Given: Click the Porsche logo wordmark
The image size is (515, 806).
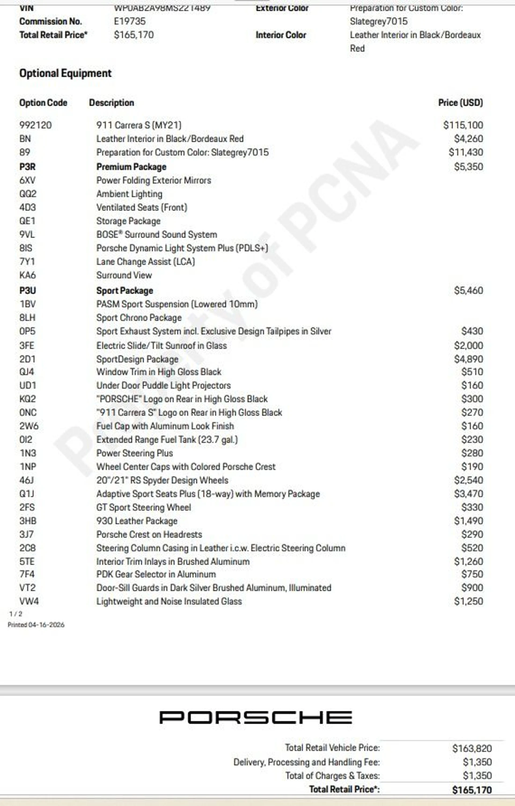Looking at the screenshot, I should [x=255, y=717].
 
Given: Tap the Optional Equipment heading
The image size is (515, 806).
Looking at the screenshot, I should [x=65, y=73].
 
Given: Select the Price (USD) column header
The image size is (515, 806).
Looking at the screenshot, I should [x=461, y=103].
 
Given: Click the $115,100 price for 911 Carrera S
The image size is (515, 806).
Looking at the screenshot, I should [x=463, y=125].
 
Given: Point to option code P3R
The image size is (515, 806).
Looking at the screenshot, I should [x=27, y=167].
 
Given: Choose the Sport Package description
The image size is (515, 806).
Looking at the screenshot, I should [x=124, y=290].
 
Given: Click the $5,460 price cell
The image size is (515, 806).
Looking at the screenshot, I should [x=469, y=290].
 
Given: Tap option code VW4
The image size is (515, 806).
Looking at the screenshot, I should [x=29, y=601].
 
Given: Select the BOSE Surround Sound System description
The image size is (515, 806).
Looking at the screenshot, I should [x=157, y=234].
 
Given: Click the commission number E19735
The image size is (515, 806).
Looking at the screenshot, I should [x=130, y=21].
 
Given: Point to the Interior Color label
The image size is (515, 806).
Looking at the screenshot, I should [x=281, y=35].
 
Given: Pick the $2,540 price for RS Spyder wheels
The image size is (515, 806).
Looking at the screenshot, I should [x=469, y=480].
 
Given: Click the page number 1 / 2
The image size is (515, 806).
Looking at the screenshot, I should [x=16, y=613].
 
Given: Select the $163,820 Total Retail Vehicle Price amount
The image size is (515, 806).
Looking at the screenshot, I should [x=472, y=748].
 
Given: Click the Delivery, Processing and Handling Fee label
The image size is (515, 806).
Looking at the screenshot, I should [x=307, y=762].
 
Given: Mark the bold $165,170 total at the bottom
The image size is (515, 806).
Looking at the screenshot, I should [x=472, y=790].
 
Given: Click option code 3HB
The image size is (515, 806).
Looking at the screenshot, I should [x=28, y=521].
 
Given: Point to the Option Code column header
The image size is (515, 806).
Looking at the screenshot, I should [x=43, y=103].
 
